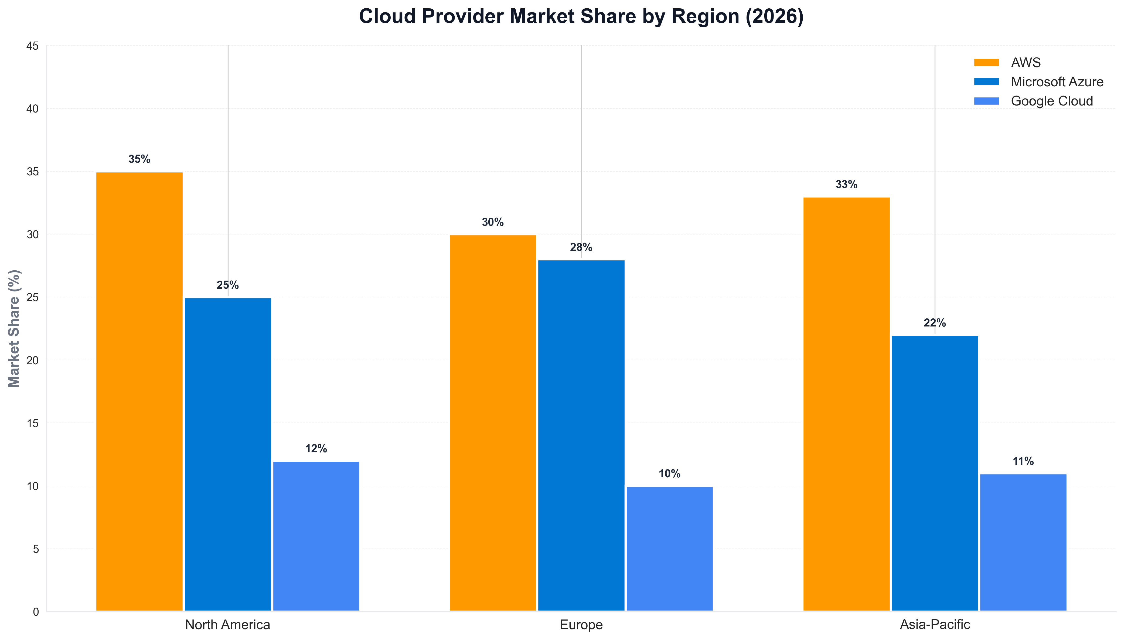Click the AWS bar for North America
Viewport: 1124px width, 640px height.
[139, 391]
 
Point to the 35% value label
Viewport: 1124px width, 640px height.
[139, 159]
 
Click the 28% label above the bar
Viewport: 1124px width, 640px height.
[581, 247]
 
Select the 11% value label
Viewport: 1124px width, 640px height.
[1023, 461]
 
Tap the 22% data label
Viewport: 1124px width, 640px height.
[935, 323]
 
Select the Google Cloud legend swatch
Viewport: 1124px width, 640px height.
[986, 101]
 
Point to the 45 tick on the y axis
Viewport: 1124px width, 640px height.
[33, 46]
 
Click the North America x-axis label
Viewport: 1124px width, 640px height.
[228, 625]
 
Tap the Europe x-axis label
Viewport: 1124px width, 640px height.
[581, 625]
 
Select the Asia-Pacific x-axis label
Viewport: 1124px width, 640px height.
[935, 625]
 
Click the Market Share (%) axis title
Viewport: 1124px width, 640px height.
[15, 328]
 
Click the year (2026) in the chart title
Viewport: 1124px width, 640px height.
[774, 17]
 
